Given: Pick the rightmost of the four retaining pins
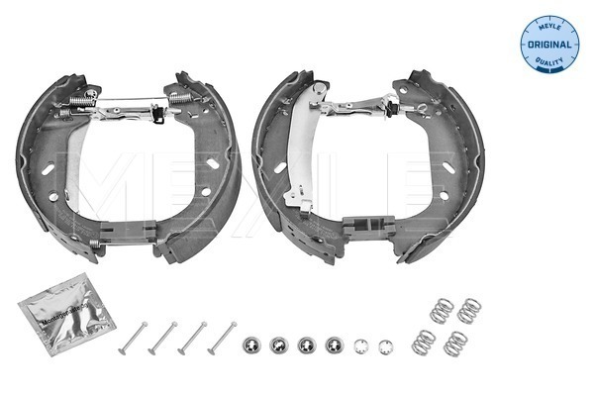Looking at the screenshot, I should pyautogui.click(x=220, y=338).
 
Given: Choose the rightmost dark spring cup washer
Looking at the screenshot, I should pyautogui.click(x=334, y=346).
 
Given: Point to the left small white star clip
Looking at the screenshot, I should pyautogui.click(x=361, y=347).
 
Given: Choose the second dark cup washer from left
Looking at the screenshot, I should pyautogui.click(x=279, y=346).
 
